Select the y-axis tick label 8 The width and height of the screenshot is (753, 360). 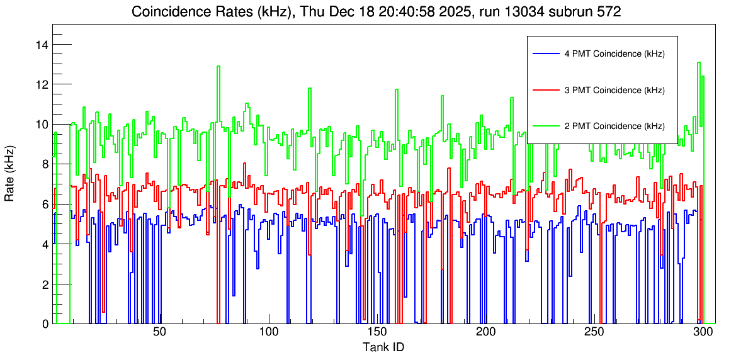[46, 164]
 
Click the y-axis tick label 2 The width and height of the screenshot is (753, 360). [46, 284]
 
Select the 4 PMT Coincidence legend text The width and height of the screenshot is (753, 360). [614, 54]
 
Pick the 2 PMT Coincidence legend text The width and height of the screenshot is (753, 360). [614, 126]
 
